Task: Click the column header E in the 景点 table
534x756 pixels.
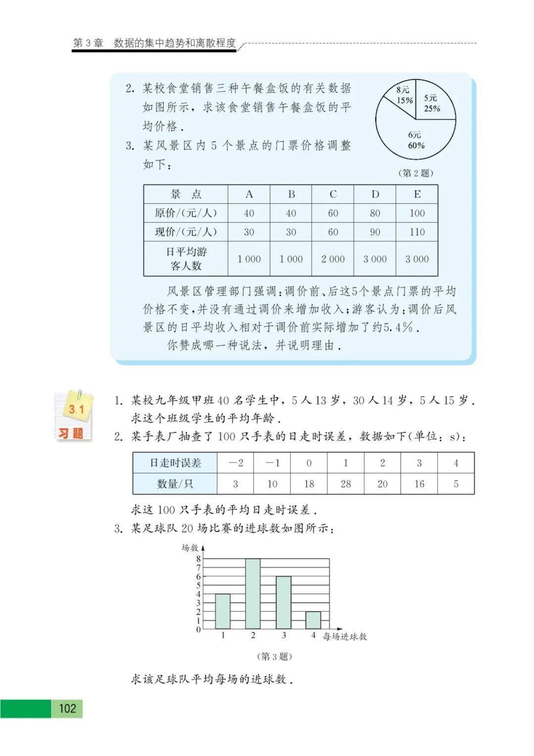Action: click(x=417, y=194)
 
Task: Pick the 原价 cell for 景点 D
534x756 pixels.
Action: click(x=375, y=213)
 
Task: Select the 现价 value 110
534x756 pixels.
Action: click(x=417, y=232)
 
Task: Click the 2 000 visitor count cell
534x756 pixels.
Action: click(x=333, y=259)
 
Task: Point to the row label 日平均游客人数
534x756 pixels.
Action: click(x=186, y=259)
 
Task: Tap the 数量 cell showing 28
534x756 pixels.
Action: click(x=346, y=484)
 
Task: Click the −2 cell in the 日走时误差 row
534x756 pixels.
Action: click(x=235, y=463)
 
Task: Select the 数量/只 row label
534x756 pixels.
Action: click(x=175, y=484)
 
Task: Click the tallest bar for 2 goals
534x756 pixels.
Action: click(x=253, y=594)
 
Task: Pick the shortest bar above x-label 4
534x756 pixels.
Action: click(x=313, y=620)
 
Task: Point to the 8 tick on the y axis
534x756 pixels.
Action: click(x=198, y=559)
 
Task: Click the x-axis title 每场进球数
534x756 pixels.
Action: click(x=345, y=637)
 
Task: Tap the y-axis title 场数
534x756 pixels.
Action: click(x=190, y=548)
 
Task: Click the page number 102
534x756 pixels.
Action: click(x=67, y=709)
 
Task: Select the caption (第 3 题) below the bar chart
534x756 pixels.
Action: click(x=274, y=657)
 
